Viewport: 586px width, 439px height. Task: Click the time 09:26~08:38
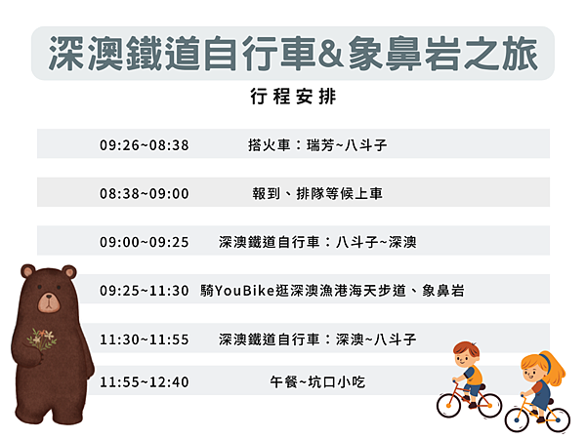coord(144,145)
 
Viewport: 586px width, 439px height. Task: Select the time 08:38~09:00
coord(144,193)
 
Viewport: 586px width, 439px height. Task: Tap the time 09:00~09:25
coord(144,241)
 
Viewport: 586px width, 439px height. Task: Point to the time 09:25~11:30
coord(144,291)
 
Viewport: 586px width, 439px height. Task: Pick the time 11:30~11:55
coord(144,339)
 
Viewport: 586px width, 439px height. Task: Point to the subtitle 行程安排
coord(292,98)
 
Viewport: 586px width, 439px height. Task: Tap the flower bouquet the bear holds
coord(41,339)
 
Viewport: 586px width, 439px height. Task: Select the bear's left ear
coord(27,270)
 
